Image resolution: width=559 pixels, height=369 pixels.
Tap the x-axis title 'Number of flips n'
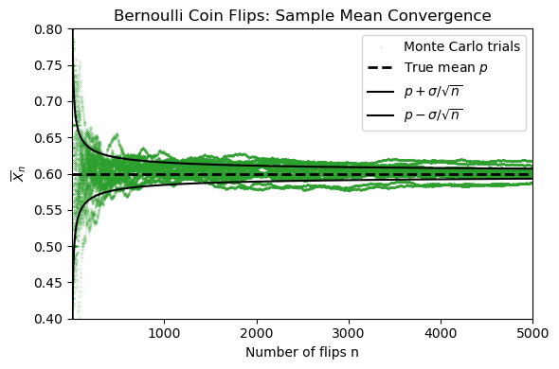tap(302, 352)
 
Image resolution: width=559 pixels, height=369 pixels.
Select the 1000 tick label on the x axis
tap(165, 333)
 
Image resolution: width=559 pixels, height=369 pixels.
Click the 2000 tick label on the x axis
tap(257, 333)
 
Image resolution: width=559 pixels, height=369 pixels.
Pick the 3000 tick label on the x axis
tap(349, 333)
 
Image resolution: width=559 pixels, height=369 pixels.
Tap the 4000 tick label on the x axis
tap(441, 333)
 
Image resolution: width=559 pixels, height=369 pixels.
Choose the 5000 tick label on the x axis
tap(532, 333)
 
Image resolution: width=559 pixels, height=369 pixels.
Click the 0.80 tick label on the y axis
tap(48, 29)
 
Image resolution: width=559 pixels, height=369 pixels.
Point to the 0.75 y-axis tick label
tap(48, 66)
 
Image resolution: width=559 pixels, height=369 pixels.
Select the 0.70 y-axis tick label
tap(48, 102)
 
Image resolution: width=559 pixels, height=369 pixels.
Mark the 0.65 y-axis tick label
tap(48, 138)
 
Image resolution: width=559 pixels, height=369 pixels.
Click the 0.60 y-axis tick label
tap(48, 174)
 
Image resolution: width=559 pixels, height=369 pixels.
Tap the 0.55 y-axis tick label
tap(48, 211)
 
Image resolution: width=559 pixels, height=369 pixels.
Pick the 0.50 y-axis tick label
tap(48, 247)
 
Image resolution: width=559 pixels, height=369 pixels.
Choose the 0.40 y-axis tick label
tap(48, 319)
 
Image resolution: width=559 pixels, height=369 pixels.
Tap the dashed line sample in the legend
tap(381, 67)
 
